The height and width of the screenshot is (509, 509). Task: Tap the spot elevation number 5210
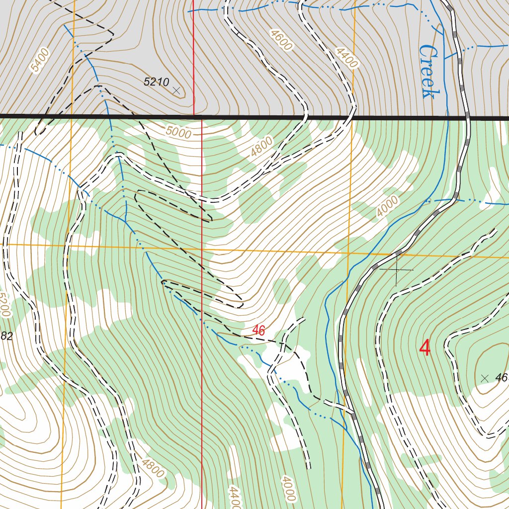tap(157, 82)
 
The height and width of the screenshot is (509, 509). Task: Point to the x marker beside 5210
tap(176, 90)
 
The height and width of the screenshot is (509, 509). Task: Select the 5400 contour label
tap(40, 60)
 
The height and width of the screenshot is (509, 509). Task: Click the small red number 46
tap(258, 330)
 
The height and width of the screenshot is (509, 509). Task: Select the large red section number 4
tap(425, 348)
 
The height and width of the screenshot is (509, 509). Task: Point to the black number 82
tap(6, 337)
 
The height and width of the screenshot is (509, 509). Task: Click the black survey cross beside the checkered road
tap(396, 269)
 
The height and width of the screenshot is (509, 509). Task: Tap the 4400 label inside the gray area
tap(346, 58)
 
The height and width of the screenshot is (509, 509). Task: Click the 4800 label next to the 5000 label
tap(261, 147)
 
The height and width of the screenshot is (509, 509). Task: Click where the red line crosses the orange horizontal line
tap(202, 247)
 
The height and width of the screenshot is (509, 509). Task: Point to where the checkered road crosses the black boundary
tap(467, 118)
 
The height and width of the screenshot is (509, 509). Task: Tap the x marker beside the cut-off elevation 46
tap(485, 378)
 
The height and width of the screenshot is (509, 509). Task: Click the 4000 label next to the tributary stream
tap(387, 206)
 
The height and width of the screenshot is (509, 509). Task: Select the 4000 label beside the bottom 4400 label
tap(288, 489)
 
